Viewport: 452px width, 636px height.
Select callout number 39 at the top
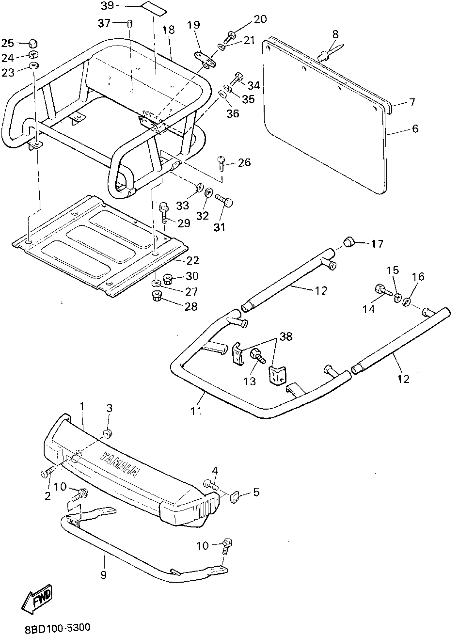(107, 6)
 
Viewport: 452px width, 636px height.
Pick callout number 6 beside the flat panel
(415, 129)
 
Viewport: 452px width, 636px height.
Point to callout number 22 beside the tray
(193, 260)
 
